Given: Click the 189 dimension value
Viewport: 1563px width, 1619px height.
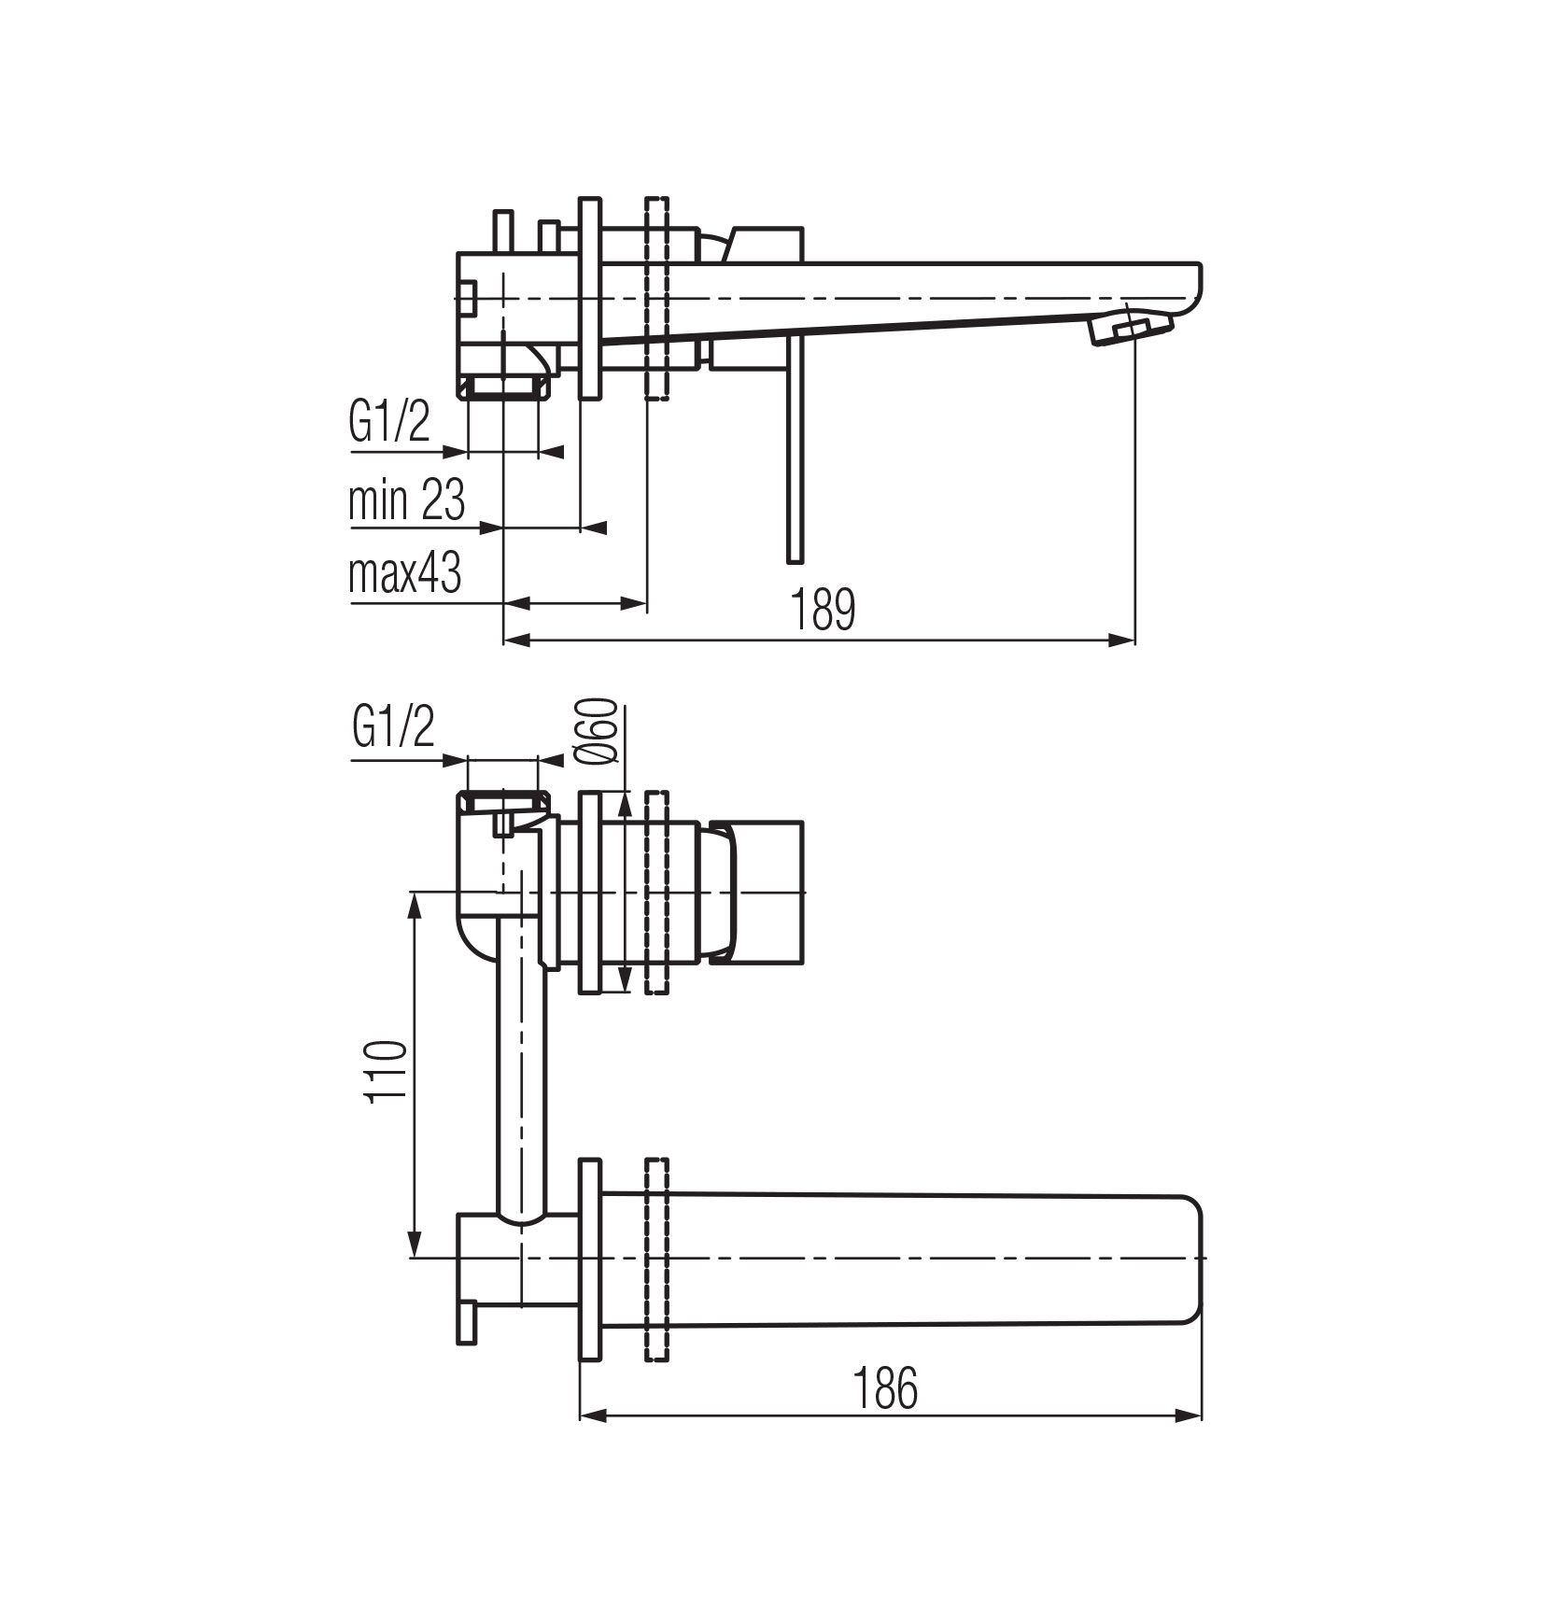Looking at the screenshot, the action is pyautogui.click(x=823, y=611).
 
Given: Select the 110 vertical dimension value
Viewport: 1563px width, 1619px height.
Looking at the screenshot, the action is pyautogui.click(x=387, y=1072).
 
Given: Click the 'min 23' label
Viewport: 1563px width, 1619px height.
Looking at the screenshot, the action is pyautogui.click(x=406, y=500).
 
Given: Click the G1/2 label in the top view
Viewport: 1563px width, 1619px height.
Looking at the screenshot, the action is pyautogui.click(x=389, y=423).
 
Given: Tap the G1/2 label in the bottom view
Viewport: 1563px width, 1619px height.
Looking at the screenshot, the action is pyautogui.click(x=394, y=727).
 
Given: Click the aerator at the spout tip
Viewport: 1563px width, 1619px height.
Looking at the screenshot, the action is pyautogui.click(x=1130, y=329).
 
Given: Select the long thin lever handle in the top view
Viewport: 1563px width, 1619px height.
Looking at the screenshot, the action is pyautogui.click(x=795, y=448).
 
